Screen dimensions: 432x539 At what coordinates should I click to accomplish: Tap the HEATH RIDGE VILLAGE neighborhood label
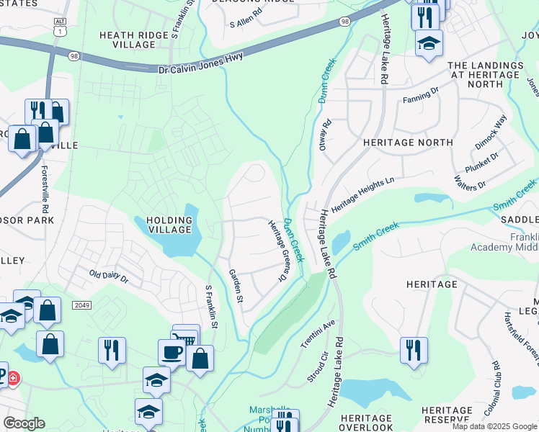(128, 40)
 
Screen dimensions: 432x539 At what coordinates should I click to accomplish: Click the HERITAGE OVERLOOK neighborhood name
(366, 423)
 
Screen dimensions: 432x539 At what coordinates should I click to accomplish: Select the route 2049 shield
(81, 305)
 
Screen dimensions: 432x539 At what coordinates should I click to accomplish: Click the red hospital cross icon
(14, 377)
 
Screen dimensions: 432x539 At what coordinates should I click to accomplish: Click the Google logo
(24, 423)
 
